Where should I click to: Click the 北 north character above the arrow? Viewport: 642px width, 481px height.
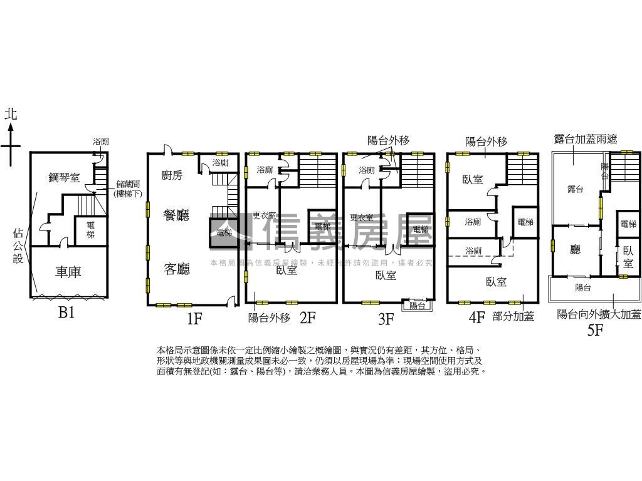point(11,114)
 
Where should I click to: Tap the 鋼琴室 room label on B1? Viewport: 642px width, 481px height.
point(64,177)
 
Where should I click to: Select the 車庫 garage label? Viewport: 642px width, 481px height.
point(68,272)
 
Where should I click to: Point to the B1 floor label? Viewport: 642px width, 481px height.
point(66,313)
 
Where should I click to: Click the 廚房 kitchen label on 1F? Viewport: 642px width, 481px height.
point(172,175)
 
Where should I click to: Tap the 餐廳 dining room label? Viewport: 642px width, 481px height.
point(176,215)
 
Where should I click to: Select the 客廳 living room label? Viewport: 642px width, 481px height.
point(176,269)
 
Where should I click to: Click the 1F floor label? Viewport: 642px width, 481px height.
point(194,318)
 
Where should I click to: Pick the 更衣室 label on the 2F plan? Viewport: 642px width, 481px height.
point(264,216)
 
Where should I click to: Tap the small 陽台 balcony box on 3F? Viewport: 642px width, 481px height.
point(417,306)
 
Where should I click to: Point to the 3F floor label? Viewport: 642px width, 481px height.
point(385,319)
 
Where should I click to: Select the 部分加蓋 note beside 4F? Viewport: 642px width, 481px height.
point(513,317)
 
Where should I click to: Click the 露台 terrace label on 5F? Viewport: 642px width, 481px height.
point(575,189)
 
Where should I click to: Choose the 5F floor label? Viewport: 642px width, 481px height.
point(595,329)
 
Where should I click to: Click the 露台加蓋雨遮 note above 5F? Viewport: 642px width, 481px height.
point(586,138)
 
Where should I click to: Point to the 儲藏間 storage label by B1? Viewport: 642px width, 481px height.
point(129,184)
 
